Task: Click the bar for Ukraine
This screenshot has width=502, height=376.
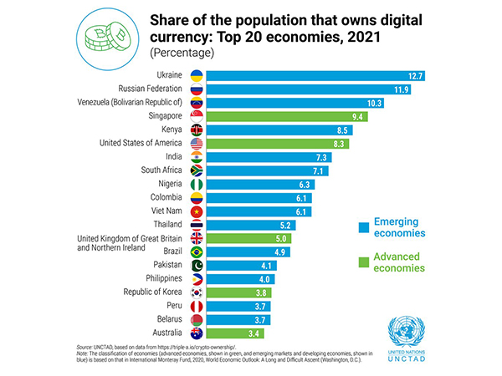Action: pos(318,75)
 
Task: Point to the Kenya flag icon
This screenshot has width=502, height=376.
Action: pos(197,130)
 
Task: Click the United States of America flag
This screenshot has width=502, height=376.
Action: pos(197,143)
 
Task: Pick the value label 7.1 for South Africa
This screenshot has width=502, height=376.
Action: pos(319,170)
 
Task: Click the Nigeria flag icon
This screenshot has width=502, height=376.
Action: pos(197,184)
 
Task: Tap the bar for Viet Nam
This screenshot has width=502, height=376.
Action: pos(259,211)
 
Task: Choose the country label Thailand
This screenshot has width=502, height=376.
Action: pos(163,225)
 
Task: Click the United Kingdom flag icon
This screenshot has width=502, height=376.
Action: pos(197,238)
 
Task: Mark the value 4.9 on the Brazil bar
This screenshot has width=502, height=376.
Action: pos(281,252)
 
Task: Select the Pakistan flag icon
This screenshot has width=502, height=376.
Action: pos(197,266)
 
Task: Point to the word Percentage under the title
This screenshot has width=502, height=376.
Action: pos(182,53)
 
